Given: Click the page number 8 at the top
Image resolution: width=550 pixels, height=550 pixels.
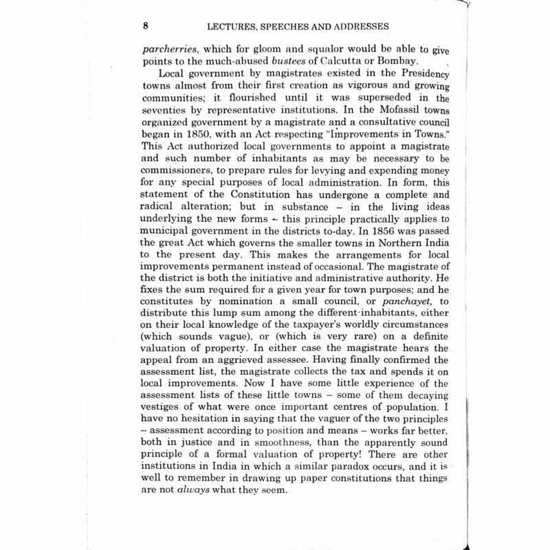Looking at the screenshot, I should point(146,27).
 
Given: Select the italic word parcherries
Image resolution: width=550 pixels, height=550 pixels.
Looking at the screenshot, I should point(169,49).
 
